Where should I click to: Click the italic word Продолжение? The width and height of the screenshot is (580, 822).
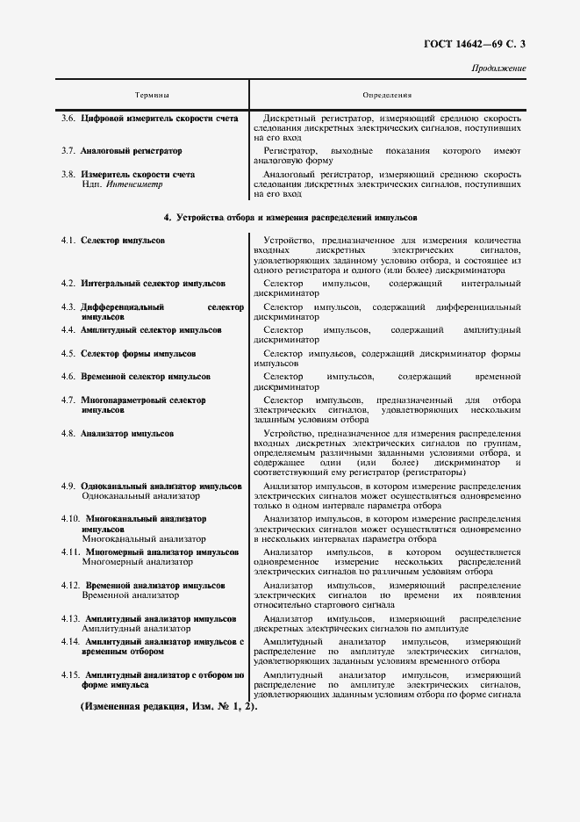click(499, 68)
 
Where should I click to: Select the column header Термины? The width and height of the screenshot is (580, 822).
click(152, 95)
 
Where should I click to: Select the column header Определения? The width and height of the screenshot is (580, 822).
click(387, 95)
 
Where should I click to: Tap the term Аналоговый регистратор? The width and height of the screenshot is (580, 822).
click(125, 151)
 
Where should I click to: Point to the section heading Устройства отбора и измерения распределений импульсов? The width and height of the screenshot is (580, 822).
click(290, 216)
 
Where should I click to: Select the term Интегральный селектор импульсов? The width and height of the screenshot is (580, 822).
click(153, 284)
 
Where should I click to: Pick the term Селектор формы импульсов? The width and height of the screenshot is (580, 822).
click(138, 354)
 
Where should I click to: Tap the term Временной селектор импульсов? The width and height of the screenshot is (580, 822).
click(145, 376)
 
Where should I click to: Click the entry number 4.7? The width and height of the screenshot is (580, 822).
click(68, 400)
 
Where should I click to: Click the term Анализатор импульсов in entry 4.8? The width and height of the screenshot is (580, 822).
click(126, 434)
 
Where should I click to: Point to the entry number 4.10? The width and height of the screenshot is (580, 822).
click(70, 518)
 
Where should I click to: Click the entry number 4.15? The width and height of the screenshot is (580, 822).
click(70, 674)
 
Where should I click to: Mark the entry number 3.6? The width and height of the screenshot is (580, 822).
click(68, 118)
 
